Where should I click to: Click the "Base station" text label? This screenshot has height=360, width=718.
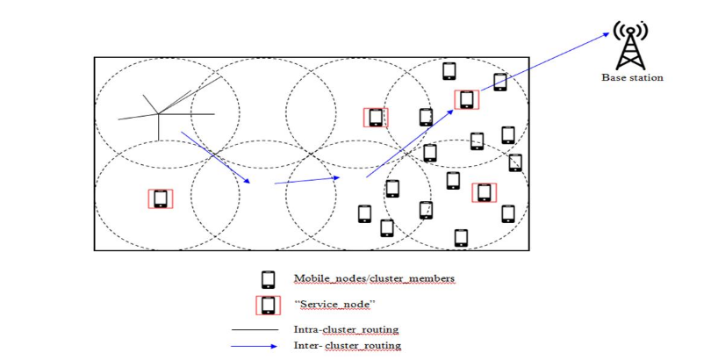click(x=632, y=78)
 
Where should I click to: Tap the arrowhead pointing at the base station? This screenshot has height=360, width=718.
click(x=606, y=35)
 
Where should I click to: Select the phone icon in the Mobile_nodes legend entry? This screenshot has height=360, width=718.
click(x=268, y=280)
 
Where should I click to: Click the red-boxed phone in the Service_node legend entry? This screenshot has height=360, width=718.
click(x=268, y=305)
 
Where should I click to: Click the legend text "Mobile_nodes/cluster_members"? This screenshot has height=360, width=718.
click(x=375, y=279)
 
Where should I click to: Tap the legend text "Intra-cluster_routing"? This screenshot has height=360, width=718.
click(x=346, y=330)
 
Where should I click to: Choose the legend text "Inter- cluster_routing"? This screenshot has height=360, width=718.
click(x=347, y=345)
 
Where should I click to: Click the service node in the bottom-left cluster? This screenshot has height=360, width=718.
click(x=161, y=198)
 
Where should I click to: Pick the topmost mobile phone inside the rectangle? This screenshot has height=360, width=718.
click(x=449, y=70)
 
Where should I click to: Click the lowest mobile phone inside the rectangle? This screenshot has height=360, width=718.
click(x=461, y=237)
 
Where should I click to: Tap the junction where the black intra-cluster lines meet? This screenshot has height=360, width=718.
click(x=158, y=113)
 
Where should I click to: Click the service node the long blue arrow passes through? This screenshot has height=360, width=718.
click(x=465, y=99)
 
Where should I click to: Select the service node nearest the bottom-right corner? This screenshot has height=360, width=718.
click(x=484, y=192)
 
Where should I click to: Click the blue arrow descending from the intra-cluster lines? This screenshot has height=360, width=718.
click(x=215, y=157)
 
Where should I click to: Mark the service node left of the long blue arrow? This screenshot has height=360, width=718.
click(x=376, y=117)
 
